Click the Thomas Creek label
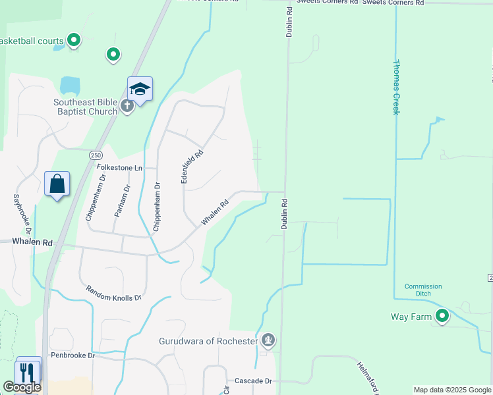pyautogui.click(x=396, y=88)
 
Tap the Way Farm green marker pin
pyautogui.click(x=442, y=317)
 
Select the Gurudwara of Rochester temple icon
pyautogui.click(x=268, y=341)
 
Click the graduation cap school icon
pyautogui.click(x=140, y=89)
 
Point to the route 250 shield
pyautogui.click(x=96, y=153)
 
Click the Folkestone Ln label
pyautogui.click(x=119, y=168)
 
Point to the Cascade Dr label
pyautogui.click(x=254, y=381)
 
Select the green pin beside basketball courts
pyautogui.click(x=74, y=41)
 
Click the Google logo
pyautogui.click(x=22, y=387)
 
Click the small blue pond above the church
pyautogui.click(x=69, y=85)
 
